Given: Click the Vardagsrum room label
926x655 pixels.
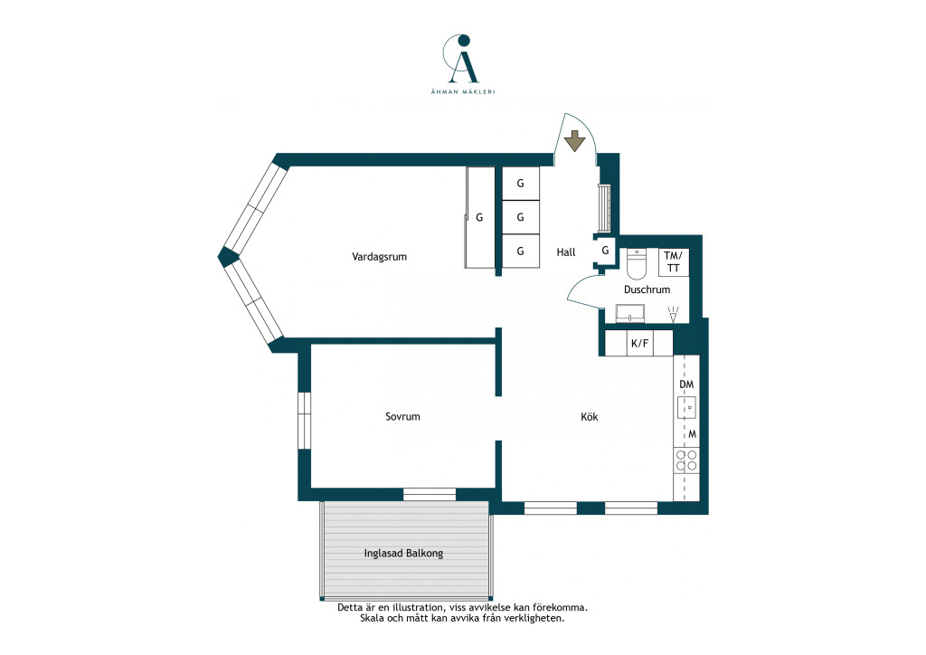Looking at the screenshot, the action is point(379,257).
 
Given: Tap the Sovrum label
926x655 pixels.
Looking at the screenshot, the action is point(402,416).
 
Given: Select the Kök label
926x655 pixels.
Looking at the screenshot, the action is point(590,416).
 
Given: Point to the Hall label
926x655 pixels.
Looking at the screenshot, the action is point(566,252).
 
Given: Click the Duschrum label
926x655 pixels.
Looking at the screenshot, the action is point(647,290).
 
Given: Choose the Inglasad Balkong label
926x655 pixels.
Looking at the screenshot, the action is point(403,554).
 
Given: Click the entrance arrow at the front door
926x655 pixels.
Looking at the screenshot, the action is point(574,142).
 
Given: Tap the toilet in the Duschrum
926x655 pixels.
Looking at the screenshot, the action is point(637,264).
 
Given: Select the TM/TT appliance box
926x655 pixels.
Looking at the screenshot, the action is point(673,262).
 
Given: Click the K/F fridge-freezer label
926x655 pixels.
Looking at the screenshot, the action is point(639,343).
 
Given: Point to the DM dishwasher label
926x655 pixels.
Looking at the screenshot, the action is point(686,384).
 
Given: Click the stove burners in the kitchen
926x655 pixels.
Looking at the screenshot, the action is point(686,460).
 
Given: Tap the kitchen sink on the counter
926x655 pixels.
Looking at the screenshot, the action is point(687,407).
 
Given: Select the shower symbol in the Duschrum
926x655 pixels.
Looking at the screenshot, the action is point(673,314).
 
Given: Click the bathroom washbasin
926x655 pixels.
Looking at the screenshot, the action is point(630,314).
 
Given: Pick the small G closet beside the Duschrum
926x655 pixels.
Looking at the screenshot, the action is point(605,251).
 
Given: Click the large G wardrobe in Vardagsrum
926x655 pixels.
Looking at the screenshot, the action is point(479,217).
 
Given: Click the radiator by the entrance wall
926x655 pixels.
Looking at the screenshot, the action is point(603,208).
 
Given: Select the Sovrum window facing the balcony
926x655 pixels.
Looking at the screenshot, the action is point(430,494).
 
